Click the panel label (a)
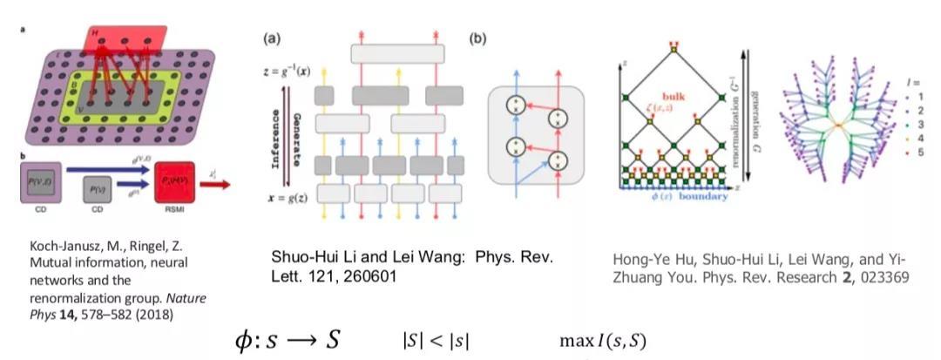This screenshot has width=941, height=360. [273, 38]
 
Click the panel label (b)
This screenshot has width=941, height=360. [477, 38]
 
